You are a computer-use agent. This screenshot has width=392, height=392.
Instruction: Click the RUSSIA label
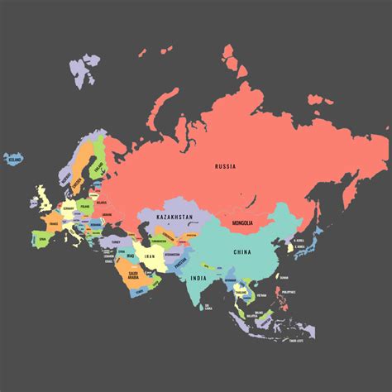(225, 166)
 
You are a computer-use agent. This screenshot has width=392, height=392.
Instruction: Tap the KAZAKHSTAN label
(174, 217)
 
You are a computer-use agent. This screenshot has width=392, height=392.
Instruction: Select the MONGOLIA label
(241, 223)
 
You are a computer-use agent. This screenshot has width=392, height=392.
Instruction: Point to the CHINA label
(242, 251)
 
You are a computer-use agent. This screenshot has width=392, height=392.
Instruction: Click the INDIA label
(198, 278)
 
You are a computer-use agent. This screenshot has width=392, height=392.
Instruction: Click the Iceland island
(12, 158)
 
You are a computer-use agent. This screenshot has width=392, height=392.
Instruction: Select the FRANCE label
(52, 223)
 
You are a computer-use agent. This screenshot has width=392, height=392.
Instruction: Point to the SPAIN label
(41, 238)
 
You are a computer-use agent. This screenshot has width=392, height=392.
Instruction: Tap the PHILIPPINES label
(288, 293)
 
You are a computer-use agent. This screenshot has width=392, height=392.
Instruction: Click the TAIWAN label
(284, 277)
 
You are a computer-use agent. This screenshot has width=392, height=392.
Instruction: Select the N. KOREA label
(299, 241)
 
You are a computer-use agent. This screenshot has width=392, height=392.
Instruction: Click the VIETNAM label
(261, 295)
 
